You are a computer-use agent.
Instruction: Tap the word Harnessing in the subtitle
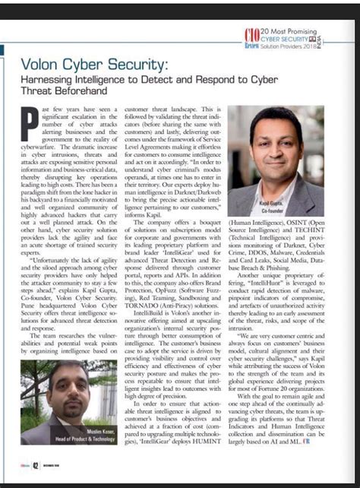click(47, 80)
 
